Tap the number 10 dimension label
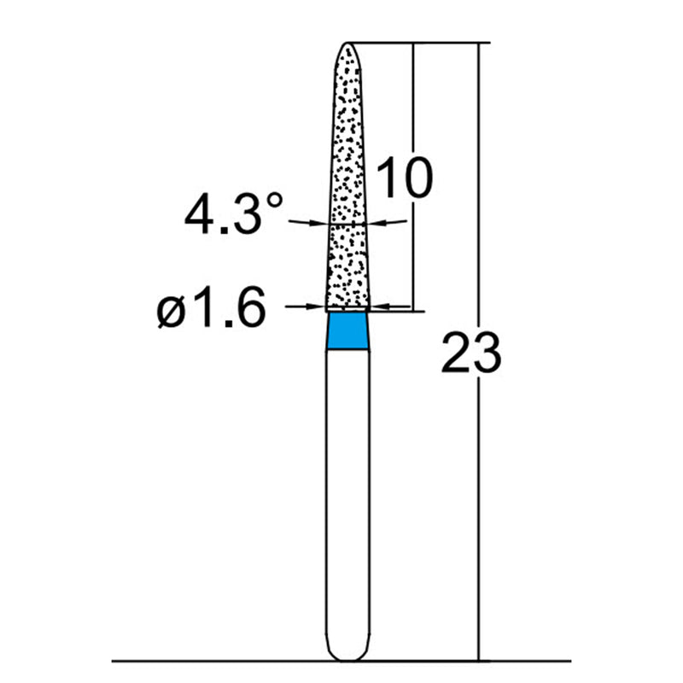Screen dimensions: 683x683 403,178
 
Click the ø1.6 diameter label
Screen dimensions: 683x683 208,311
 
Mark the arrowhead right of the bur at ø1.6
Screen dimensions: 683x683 380,305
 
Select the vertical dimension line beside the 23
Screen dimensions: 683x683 479,512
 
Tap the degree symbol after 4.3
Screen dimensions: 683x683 273,201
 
